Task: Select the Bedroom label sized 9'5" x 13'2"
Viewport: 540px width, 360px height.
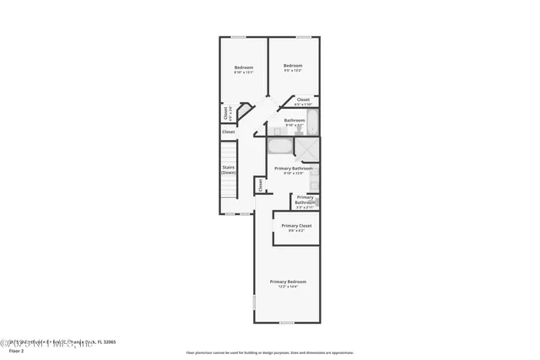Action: point(293,66)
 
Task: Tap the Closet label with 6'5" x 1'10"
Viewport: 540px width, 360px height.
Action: point(304,99)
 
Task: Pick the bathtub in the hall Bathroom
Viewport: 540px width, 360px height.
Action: point(313,122)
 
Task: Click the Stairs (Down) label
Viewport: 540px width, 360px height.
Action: point(228,169)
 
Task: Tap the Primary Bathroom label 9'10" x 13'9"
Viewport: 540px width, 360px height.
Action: point(294,169)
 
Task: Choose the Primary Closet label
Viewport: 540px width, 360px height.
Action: point(297,226)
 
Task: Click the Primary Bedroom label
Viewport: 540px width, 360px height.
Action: point(288,281)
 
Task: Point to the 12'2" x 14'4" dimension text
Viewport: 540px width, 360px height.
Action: point(288,287)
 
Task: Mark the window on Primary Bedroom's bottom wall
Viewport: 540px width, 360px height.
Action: point(287,323)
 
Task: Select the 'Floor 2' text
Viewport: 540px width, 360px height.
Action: point(19,352)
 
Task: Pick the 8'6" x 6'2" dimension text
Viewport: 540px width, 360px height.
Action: point(297,231)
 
